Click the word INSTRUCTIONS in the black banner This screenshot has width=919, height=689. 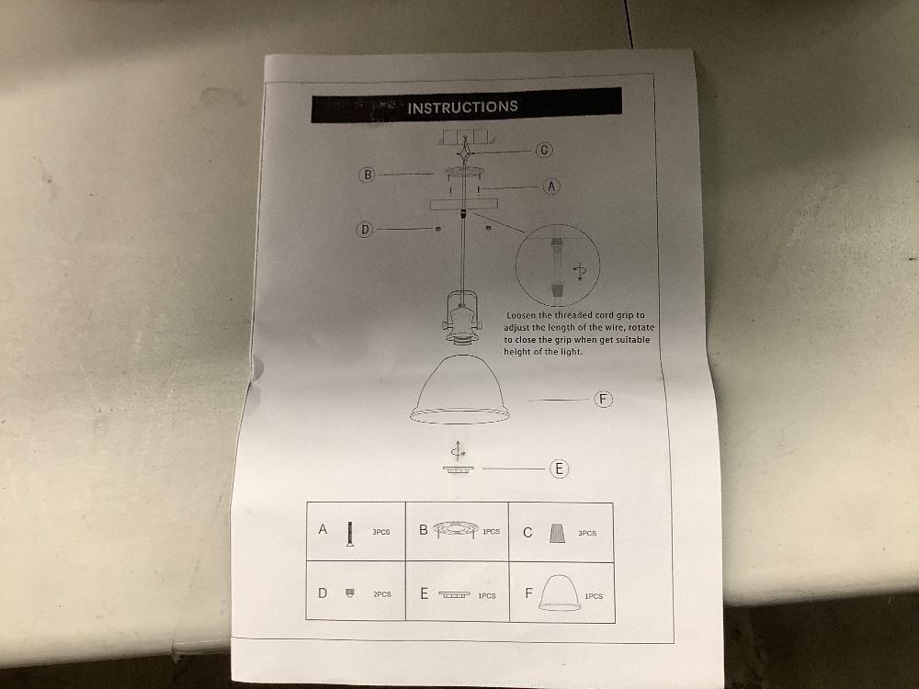pyautogui.click(x=462, y=107)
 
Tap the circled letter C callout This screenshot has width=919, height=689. pyautogui.click(x=544, y=150)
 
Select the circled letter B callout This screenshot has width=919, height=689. pyautogui.click(x=368, y=175)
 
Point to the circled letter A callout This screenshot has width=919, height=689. pyautogui.click(x=550, y=186)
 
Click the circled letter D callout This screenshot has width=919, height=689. pyautogui.click(x=365, y=229)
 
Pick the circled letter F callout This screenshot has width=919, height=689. pyautogui.click(x=603, y=400)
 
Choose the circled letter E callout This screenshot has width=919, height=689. pyautogui.click(x=559, y=469)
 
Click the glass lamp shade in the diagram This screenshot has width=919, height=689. pyautogui.click(x=460, y=389)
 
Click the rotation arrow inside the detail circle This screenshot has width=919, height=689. pyautogui.click(x=580, y=272)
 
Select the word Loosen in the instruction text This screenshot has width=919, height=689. pyautogui.click(x=521, y=315)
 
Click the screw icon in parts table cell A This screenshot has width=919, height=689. pyautogui.click(x=350, y=534)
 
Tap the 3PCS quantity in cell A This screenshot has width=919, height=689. pyautogui.click(x=381, y=533)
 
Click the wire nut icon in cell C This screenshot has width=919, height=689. pyautogui.click(x=557, y=533)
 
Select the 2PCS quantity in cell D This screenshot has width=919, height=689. pyautogui.click(x=382, y=594)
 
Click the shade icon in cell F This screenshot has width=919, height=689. pyautogui.click(x=561, y=593)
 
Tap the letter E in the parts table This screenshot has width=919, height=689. pyautogui.click(x=425, y=593)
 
